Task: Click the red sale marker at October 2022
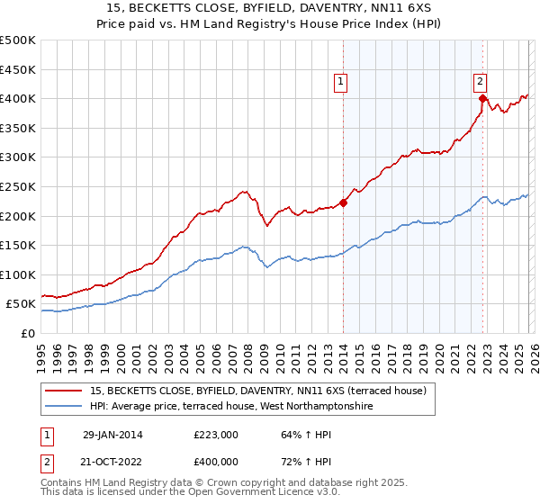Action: click(x=482, y=99)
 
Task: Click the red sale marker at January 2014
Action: click(x=343, y=202)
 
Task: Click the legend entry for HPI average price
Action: click(x=224, y=406)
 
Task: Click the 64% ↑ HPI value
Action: click(x=296, y=435)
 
